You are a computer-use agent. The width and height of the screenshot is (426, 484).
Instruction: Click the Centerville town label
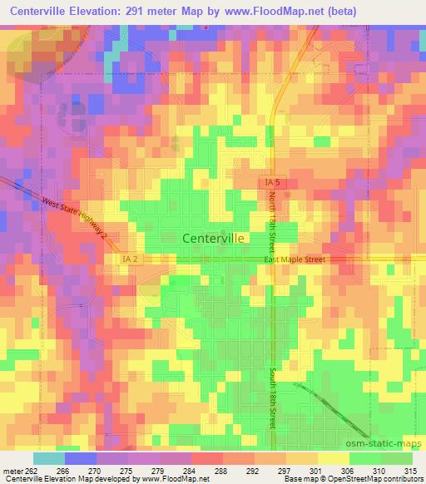(x=213, y=238)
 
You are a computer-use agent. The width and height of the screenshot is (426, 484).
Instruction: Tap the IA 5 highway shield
(x=268, y=181)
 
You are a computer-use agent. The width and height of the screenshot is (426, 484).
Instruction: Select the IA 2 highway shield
(x=124, y=259)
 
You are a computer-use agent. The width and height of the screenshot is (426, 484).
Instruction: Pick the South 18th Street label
(x=272, y=399)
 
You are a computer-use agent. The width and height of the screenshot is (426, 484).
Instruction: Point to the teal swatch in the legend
(x=48, y=458)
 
